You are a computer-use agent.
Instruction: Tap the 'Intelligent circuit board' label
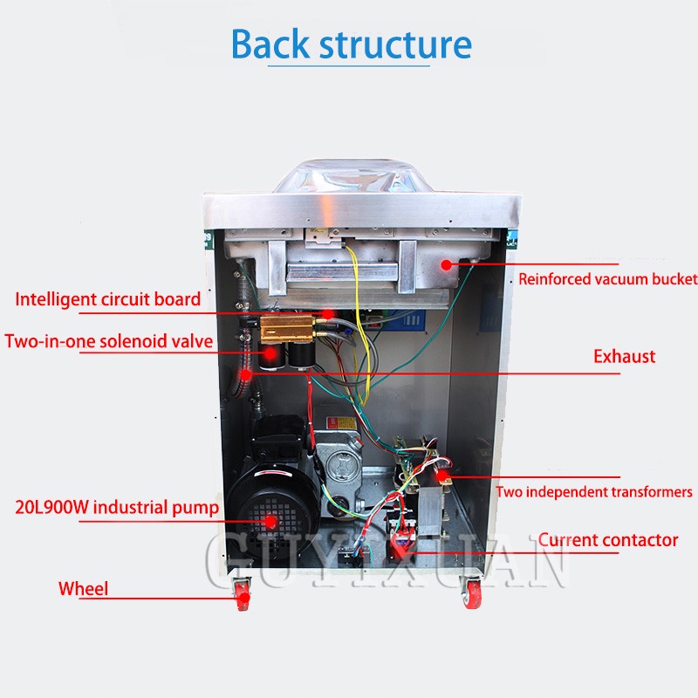pos(107,299)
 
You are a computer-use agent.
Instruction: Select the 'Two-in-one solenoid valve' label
pos(109,340)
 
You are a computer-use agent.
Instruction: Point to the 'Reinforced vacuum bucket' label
pos(607,279)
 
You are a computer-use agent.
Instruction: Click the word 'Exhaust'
pos(624,356)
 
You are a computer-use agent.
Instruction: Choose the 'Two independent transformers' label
pos(594,492)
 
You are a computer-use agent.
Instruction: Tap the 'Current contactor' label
pos(607,540)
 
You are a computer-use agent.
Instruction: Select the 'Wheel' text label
pos(84,589)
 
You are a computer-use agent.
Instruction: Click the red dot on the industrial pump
pos(271,521)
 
